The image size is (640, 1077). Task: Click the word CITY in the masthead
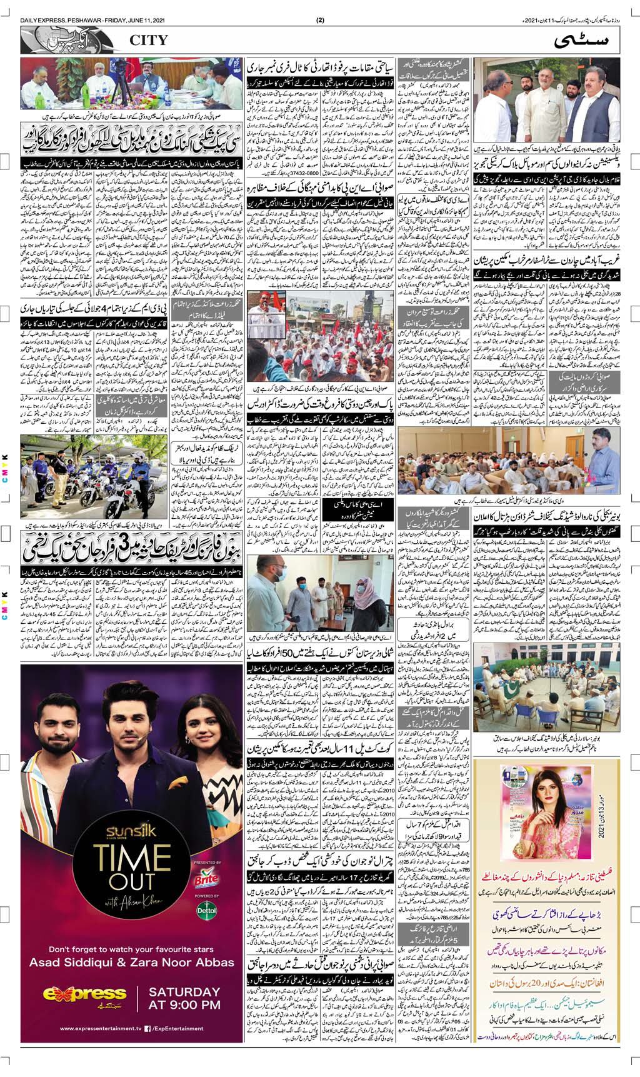coord(149,40)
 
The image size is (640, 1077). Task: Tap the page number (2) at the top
coord(321,19)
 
